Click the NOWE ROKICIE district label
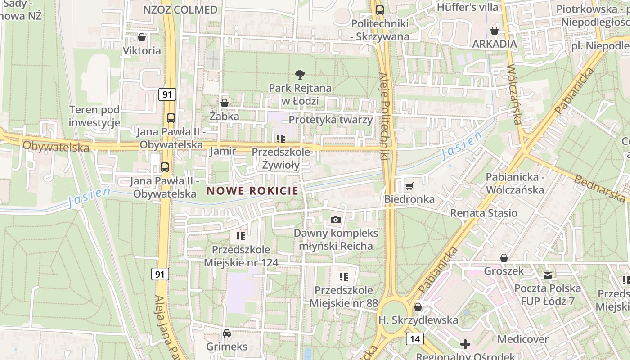click(x=252, y=191)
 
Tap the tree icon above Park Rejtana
click(x=300, y=75)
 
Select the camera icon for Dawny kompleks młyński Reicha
click(x=335, y=220)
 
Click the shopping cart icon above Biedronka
click(x=409, y=185)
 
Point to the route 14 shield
click(x=414, y=338)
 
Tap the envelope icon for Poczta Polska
click(x=548, y=274)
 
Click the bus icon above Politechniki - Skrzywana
click(x=380, y=10)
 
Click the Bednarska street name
click(x=600, y=188)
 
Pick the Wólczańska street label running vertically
click(x=513, y=94)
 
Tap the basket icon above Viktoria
click(x=142, y=37)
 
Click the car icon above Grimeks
click(x=227, y=333)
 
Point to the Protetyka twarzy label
click(x=331, y=120)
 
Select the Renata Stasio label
click(x=484, y=213)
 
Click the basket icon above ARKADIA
click(x=495, y=31)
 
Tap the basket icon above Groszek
click(x=504, y=258)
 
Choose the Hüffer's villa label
click(x=468, y=7)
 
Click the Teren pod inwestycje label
click(x=94, y=116)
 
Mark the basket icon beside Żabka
click(x=225, y=103)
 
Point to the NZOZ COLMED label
click(x=180, y=9)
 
